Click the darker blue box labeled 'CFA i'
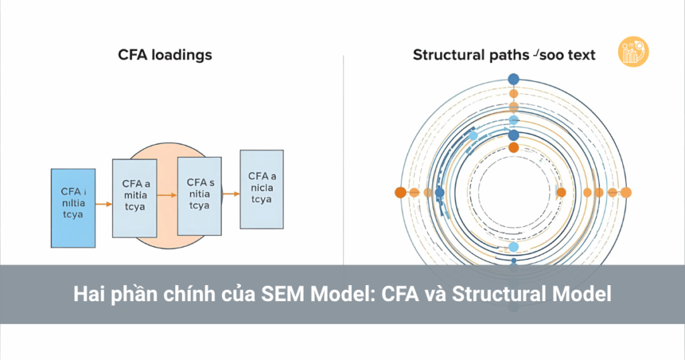(x=72, y=207)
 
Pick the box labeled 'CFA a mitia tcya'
(x=134, y=197)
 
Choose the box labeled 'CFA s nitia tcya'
(x=199, y=195)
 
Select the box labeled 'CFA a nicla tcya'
(x=262, y=189)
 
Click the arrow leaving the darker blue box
(x=103, y=203)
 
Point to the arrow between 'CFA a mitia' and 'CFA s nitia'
(x=167, y=195)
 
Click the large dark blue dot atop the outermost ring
(x=514, y=80)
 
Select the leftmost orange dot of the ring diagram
(x=400, y=193)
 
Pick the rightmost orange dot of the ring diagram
(x=626, y=193)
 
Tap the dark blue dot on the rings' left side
(x=439, y=193)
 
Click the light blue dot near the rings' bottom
(x=514, y=247)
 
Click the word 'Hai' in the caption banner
(x=88, y=294)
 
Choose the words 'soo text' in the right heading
(x=568, y=55)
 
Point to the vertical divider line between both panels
(x=343, y=161)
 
